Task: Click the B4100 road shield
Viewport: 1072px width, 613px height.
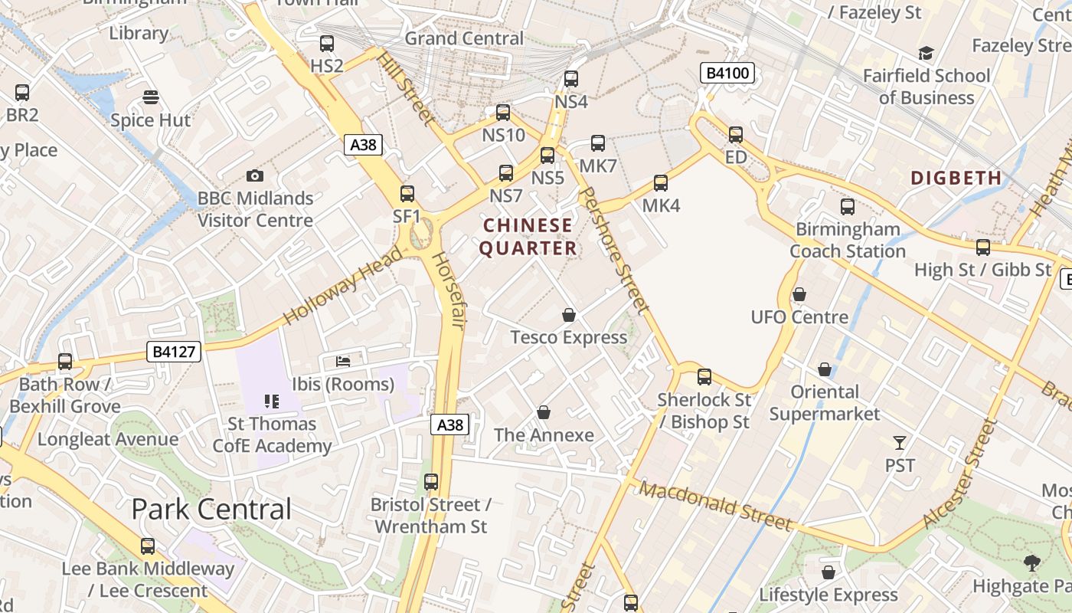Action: [727, 74]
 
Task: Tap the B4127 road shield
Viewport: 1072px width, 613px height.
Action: [175, 352]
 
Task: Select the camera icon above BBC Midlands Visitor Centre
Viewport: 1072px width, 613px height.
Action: [255, 176]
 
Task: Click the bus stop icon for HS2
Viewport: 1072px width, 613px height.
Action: [327, 44]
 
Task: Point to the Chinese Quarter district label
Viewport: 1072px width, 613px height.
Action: [528, 237]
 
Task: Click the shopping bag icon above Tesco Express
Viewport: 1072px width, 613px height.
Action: [569, 315]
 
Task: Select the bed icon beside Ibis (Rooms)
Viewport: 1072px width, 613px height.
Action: [343, 361]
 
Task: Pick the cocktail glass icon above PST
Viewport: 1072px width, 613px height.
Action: [900, 443]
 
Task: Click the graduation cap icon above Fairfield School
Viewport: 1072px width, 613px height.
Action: [927, 54]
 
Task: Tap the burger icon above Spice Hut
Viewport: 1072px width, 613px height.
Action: [151, 97]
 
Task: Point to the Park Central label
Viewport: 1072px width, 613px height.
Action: [211, 510]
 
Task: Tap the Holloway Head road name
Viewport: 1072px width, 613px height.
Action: [342, 286]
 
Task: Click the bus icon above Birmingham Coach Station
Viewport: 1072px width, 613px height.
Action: [848, 207]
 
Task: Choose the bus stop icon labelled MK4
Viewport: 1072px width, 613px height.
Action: [661, 184]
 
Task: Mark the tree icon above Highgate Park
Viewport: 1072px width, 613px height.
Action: [1032, 563]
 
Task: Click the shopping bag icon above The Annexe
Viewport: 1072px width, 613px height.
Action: [544, 413]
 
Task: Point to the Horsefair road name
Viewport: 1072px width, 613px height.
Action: [448, 291]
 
